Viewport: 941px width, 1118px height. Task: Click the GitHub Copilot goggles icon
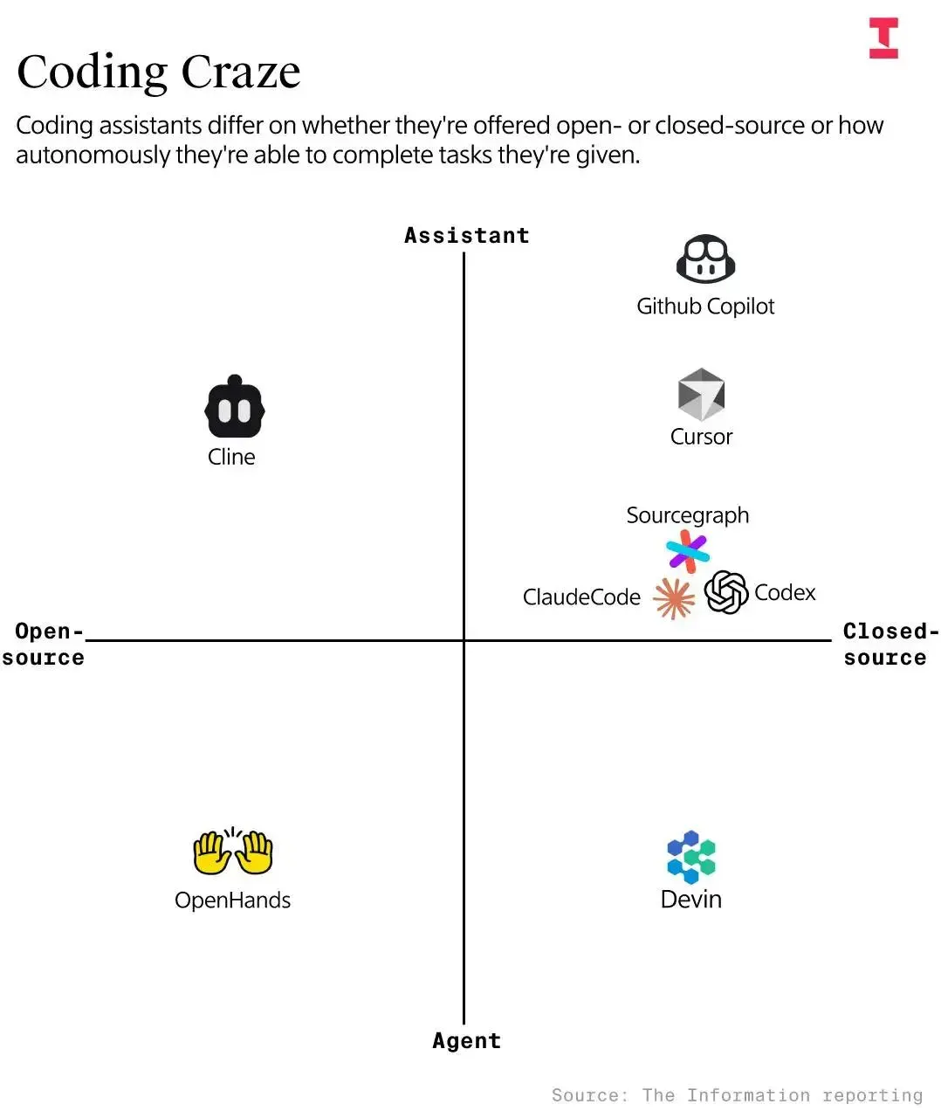click(x=705, y=258)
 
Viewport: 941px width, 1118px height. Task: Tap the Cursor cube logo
click(x=701, y=394)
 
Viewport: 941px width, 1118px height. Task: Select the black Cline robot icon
click(x=235, y=406)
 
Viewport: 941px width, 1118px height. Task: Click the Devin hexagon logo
click(x=691, y=857)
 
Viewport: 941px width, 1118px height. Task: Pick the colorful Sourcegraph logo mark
click(x=687, y=551)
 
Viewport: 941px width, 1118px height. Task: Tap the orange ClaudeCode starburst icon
click(x=674, y=598)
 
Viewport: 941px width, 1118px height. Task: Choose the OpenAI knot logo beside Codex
click(x=725, y=591)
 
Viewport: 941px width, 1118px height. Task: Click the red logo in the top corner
click(x=883, y=38)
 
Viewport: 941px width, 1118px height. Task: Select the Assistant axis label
click(x=467, y=236)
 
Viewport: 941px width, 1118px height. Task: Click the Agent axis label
click(x=467, y=1041)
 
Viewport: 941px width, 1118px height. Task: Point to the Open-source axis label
click(x=44, y=644)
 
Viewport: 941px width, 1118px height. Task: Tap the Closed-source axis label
click(x=890, y=644)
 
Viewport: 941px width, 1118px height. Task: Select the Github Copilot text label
click(x=705, y=307)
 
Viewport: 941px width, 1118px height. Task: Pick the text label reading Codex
click(x=784, y=593)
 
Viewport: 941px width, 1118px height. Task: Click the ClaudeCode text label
click(x=581, y=597)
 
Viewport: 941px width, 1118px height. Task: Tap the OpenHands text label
click(x=232, y=901)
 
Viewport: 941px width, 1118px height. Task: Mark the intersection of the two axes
click(x=464, y=640)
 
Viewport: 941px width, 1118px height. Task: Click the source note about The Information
click(x=737, y=1095)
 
